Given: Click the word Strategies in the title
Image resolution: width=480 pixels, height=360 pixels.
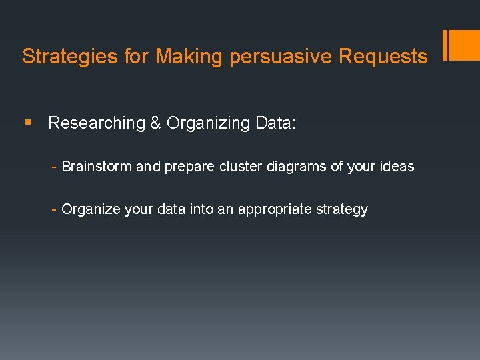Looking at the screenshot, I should [70, 57].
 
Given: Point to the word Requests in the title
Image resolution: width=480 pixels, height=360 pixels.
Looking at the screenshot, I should [383, 57].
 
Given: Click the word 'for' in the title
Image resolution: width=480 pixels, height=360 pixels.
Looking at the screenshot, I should [137, 57].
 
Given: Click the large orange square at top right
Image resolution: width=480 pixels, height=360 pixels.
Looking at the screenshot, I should [465, 45].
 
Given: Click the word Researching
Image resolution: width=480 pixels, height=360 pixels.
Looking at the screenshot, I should [97, 123].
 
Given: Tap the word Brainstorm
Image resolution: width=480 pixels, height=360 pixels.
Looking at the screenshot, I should [97, 167].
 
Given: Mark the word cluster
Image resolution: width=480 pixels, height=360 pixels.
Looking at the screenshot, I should [241, 167].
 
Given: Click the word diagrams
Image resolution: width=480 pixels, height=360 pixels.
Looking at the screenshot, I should [297, 167].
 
